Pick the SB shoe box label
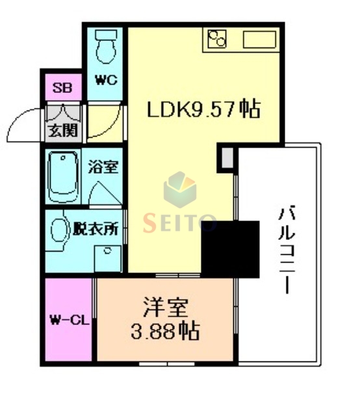coord(62,88)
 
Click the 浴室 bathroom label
coord(103,166)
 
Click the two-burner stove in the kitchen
coord(216,40)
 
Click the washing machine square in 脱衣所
coord(108,259)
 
